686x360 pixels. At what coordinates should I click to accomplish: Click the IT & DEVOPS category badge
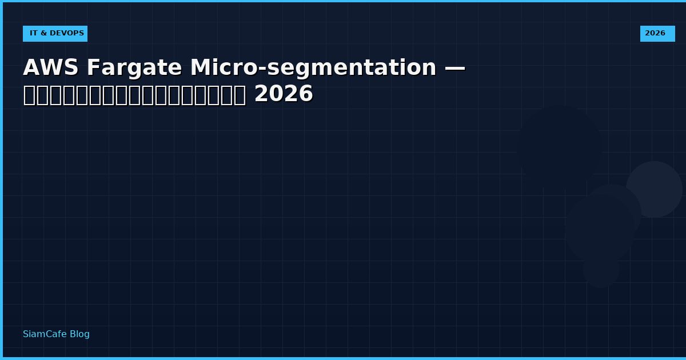[55, 34]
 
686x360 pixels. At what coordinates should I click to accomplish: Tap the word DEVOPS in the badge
[68, 34]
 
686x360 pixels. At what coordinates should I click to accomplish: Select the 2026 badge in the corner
[657, 34]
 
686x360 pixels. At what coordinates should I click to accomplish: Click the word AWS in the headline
[50, 68]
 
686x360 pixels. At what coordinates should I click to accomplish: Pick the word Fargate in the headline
[134, 68]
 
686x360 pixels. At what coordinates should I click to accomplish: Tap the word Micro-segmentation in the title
[313, 68]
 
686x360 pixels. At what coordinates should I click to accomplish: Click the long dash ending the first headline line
[454, 68]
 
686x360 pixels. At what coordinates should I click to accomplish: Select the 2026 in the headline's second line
[284, 94]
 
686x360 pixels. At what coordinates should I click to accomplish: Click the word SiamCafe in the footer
[45, 334]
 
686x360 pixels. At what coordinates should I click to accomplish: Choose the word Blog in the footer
[79, 334]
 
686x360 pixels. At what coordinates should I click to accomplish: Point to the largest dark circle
[559, 147]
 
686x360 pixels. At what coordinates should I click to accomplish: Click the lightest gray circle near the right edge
[654, 189]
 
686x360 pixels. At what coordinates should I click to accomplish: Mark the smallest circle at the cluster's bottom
[601, 269]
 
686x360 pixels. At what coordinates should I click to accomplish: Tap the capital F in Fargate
[93, 68]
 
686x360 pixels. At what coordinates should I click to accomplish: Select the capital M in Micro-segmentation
[200, 68]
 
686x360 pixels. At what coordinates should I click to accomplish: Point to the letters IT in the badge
[33, 34]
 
